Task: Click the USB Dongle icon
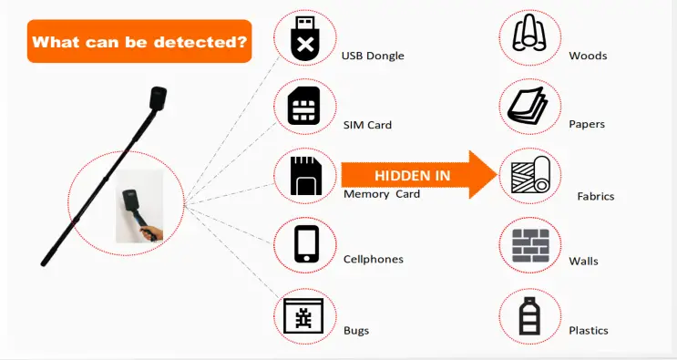coord(304,38)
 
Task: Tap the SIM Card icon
coord(304,107)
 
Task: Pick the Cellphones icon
coord(304,244)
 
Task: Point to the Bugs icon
coord(304,315)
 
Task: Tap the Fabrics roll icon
coord(529,176)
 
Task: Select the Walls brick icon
coord(529,244)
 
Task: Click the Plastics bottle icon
coord(529,315)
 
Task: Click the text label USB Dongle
coord(372,56)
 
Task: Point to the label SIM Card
coord(366,125)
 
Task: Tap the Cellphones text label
coord(373,260)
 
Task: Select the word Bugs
coord(356,330)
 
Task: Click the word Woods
coord(588,56)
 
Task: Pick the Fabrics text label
coord(595,196)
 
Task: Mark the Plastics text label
coord(588,330)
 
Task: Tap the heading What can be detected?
coord(139,41)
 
